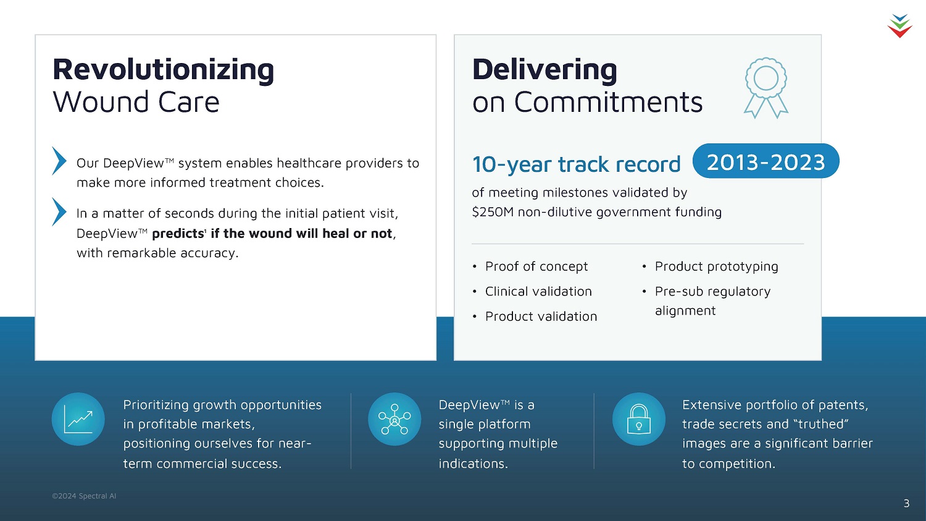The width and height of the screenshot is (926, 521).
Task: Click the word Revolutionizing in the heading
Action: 164,69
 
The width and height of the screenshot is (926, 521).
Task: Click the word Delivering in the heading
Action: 544,69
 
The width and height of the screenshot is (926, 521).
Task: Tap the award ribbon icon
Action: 766,88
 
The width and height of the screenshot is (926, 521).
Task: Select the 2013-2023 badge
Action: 765,161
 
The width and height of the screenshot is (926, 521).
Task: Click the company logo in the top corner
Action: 899,26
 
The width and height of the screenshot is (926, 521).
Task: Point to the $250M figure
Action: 493,212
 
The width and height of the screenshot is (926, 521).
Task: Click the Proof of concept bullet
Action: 536,266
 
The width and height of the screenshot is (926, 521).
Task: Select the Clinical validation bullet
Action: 538,291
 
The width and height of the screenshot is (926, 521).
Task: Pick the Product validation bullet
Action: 541,316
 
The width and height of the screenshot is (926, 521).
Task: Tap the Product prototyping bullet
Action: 716,266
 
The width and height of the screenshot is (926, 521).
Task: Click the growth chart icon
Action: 78,419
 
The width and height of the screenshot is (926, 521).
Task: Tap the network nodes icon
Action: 394,419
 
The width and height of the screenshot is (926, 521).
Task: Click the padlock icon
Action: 639,419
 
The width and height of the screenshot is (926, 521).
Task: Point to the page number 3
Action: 906,503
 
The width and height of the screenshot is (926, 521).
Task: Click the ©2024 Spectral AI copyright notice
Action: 84,496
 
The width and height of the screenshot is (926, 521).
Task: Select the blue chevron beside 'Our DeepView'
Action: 59,161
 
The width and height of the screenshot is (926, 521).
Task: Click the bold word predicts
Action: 178,234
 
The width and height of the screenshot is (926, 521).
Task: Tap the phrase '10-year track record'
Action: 576,164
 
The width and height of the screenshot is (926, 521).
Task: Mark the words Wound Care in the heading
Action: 136,102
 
